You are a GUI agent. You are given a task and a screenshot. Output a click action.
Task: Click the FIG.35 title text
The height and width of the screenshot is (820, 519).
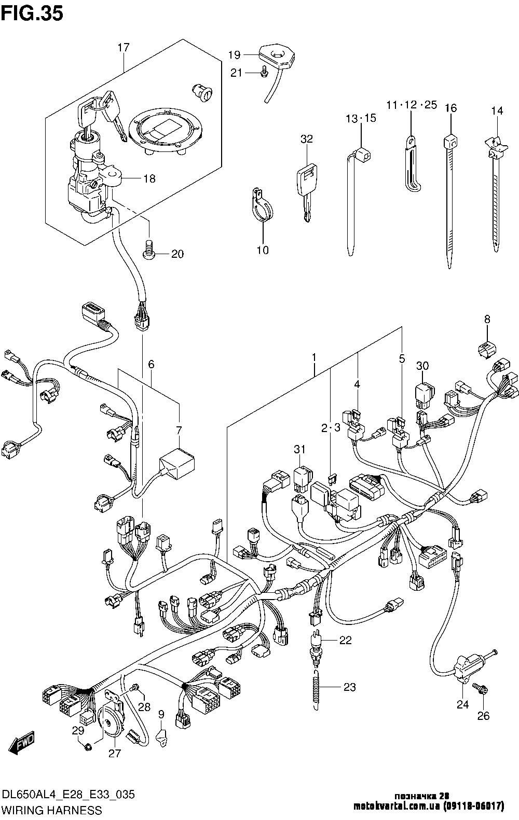pos(32,13)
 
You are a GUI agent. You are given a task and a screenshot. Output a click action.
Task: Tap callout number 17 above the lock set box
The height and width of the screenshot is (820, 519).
pos(123,48)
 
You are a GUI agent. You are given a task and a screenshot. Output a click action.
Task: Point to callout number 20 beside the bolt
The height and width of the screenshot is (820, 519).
pos(177,254)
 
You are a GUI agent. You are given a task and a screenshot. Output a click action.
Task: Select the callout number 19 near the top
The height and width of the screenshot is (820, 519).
pos(234,54)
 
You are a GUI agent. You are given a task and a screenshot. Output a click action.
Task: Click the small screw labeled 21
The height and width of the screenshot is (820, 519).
pos(264,74)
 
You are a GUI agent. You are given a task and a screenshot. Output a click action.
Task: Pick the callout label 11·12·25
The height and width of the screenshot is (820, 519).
pos(412,105)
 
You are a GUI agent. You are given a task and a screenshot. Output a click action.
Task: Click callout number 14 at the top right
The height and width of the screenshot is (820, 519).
pos(497,110)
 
